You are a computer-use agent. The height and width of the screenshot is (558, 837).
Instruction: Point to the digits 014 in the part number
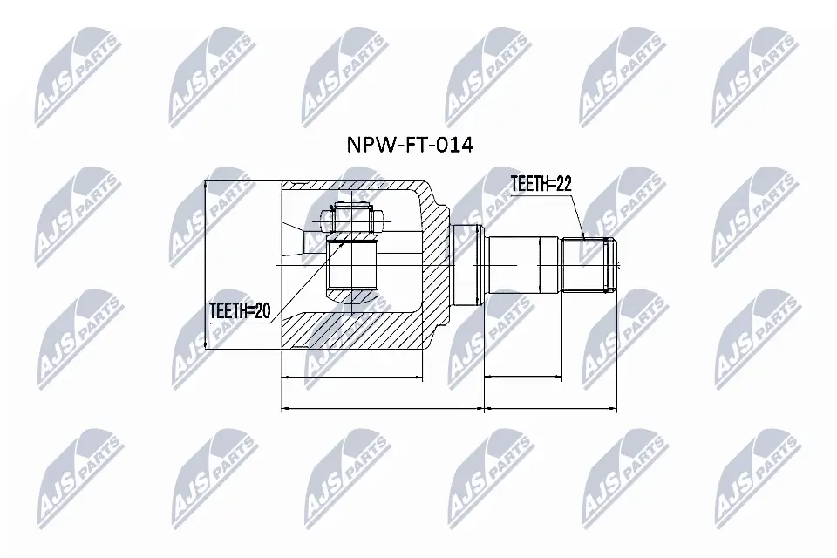(454, 145)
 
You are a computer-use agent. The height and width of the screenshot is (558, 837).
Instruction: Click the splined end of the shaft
(590, 265)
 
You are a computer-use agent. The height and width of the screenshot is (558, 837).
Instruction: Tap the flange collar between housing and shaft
(467, 263)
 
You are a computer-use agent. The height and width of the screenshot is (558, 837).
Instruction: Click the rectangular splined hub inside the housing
(352, 265)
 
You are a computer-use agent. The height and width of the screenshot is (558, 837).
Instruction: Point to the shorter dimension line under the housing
(352, 378)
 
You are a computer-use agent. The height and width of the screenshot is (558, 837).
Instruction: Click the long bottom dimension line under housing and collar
(382, 408)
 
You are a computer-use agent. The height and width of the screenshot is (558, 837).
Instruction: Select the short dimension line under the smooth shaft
(522, 378)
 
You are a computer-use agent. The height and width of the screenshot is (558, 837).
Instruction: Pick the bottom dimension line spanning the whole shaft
(550, 408)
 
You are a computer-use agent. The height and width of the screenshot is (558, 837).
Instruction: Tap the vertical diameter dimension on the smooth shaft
(541, 265)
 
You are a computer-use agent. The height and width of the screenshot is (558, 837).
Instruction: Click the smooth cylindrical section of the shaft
(514, 265)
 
